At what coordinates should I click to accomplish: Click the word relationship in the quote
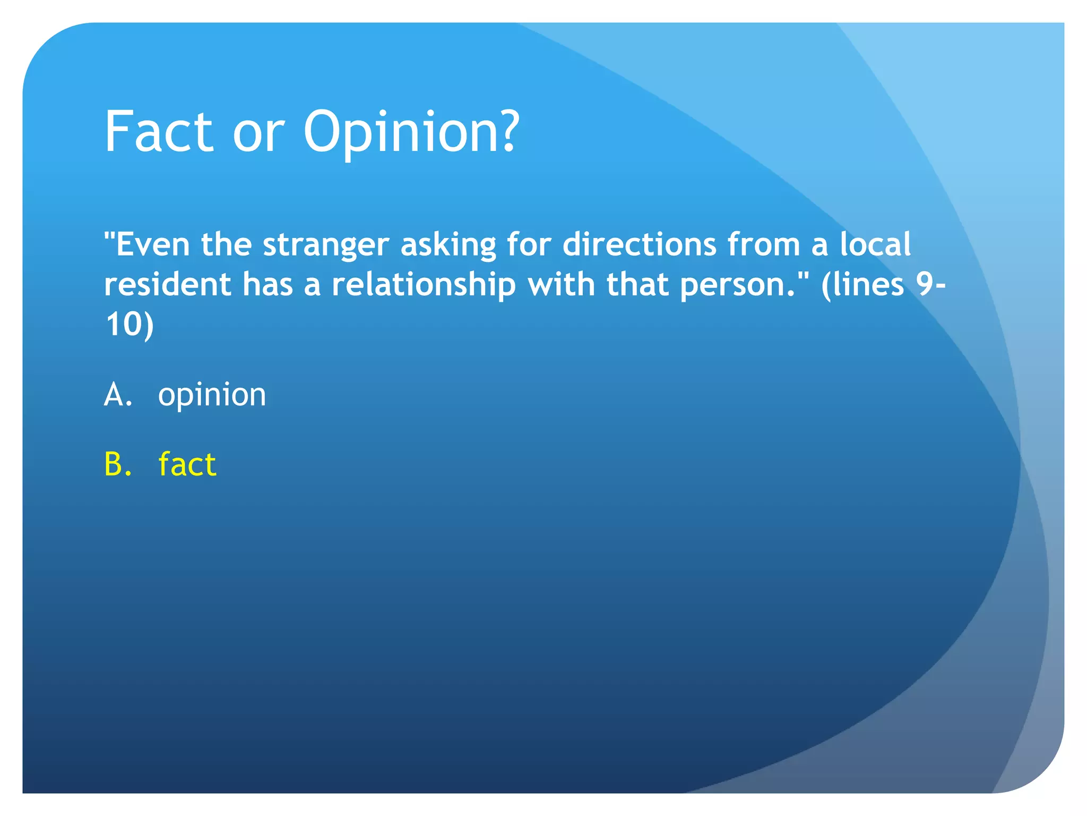424,286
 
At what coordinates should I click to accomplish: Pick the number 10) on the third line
130,325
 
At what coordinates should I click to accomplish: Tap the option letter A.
118,395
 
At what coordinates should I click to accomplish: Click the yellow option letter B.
118,464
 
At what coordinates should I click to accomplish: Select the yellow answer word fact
187,464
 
